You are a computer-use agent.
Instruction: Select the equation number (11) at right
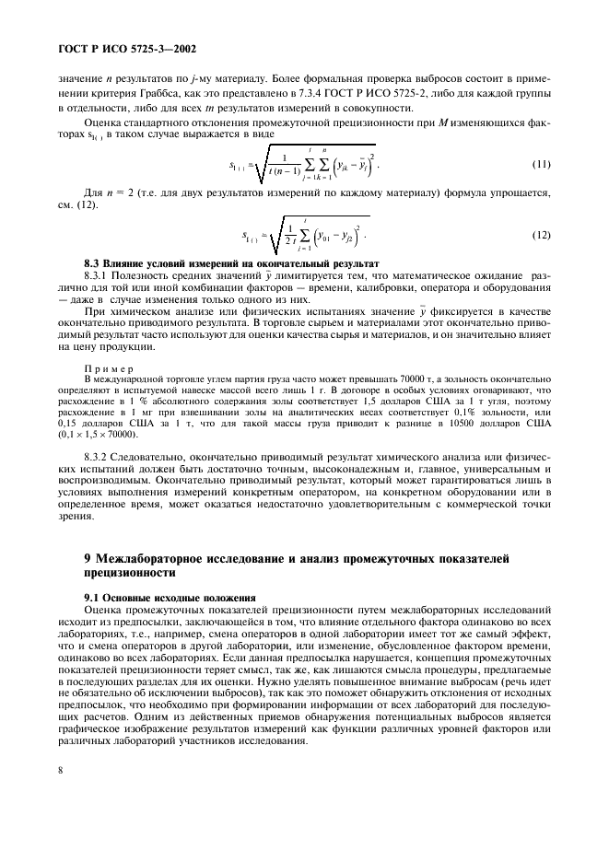(x=542, y=165)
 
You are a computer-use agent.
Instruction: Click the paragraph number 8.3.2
(x=99, y=458)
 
